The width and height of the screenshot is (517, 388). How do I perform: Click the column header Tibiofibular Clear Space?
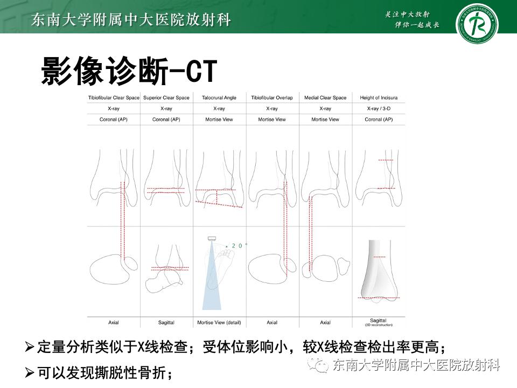[114, 98]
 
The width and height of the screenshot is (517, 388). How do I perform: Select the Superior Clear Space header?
[166, 98]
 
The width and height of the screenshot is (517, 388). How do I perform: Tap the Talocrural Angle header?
[219, 98]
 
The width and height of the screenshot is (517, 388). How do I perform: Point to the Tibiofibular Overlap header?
[272, 98]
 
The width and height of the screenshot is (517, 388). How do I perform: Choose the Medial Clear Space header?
[325, 98]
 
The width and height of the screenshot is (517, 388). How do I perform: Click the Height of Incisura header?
[379, 98]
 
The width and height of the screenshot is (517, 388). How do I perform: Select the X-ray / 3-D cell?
[379, 108]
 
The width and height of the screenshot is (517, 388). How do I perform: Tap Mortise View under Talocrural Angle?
[219, 119]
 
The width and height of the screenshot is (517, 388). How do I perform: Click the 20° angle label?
[240, 246]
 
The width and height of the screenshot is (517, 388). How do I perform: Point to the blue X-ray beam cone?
[212, 286]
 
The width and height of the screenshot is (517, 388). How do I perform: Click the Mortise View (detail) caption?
[219, 322]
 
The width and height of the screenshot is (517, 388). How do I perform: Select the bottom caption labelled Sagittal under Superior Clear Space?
[166, 322]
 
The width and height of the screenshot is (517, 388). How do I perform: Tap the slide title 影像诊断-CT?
[129, 71]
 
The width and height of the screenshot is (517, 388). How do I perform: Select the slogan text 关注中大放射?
[411, 15]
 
